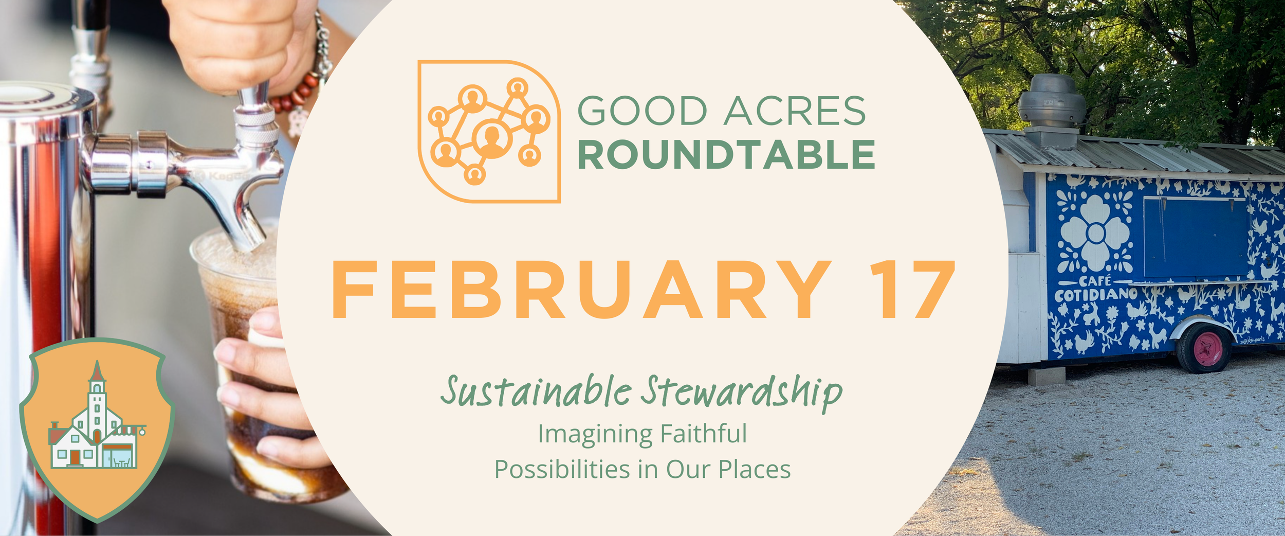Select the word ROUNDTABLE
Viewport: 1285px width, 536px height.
click(726, 155)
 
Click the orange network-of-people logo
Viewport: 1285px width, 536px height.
click(489, 132)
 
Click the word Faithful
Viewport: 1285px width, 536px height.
click(703, 433)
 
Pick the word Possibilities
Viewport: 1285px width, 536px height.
click(562, 469)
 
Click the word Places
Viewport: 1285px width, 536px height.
click(754, 469)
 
